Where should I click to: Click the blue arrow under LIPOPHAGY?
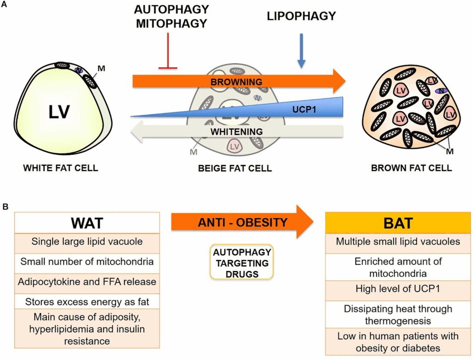click(x=301, y=51)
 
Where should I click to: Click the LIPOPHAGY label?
click(x=301, y=17)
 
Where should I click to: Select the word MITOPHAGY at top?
click(x=172, y=23)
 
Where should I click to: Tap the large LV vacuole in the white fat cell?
click(x=60, y=111)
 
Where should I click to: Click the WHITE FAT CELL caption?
click(x=61, y=168)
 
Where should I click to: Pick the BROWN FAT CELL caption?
click(x=411, y=168)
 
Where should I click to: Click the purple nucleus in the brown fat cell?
click(x=443, y=91)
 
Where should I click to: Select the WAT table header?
click(x=87, y=223)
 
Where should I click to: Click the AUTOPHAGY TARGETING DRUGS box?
click(x=241, y=262)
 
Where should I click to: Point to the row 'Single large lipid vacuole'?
click(x=87, y=242)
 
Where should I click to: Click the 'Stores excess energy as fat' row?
click(x=87, y=301)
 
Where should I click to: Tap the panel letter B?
click(x=5, y=207)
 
